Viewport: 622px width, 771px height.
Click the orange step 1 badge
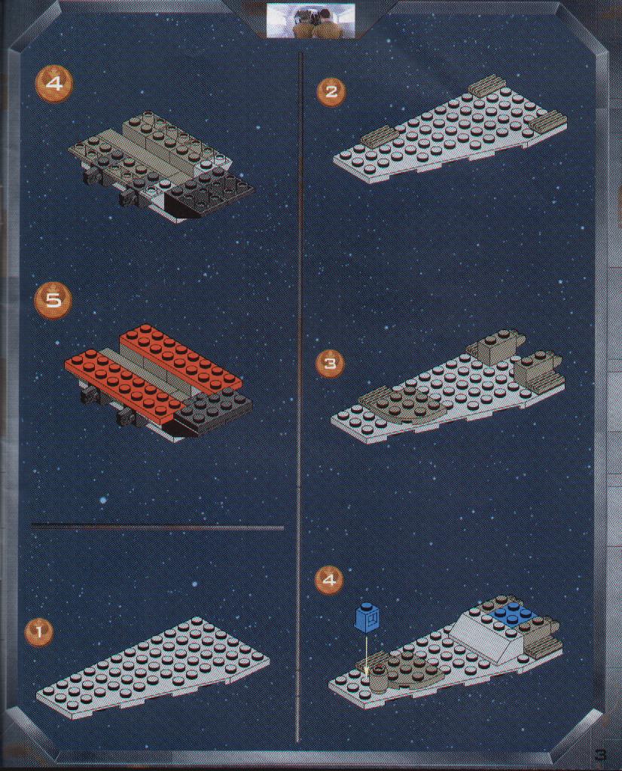(x=40, y=631)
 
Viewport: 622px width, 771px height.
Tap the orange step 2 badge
(x=331, y=91)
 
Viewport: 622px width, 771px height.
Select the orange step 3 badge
(x=330, y=363)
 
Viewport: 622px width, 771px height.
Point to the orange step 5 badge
(x=53, y=300)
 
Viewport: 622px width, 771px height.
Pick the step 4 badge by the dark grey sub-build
(x=54, y=84)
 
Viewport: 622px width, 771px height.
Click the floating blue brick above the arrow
(x=367, y=616)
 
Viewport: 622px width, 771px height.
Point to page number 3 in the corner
(x=600, y=754)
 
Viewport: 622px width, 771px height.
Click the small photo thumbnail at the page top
(x=310, y=20)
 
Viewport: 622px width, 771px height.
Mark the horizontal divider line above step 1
(x=157, y=528)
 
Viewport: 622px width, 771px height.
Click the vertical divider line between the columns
(x=300, y=396)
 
